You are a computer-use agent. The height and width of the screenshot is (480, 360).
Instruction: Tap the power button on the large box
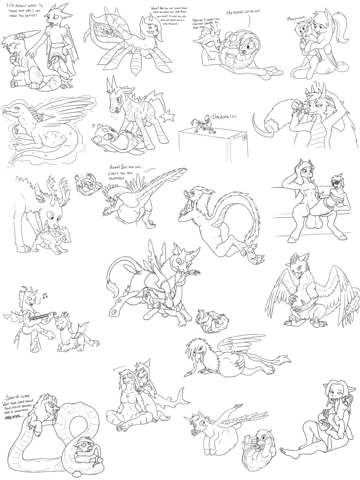[245, 137]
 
